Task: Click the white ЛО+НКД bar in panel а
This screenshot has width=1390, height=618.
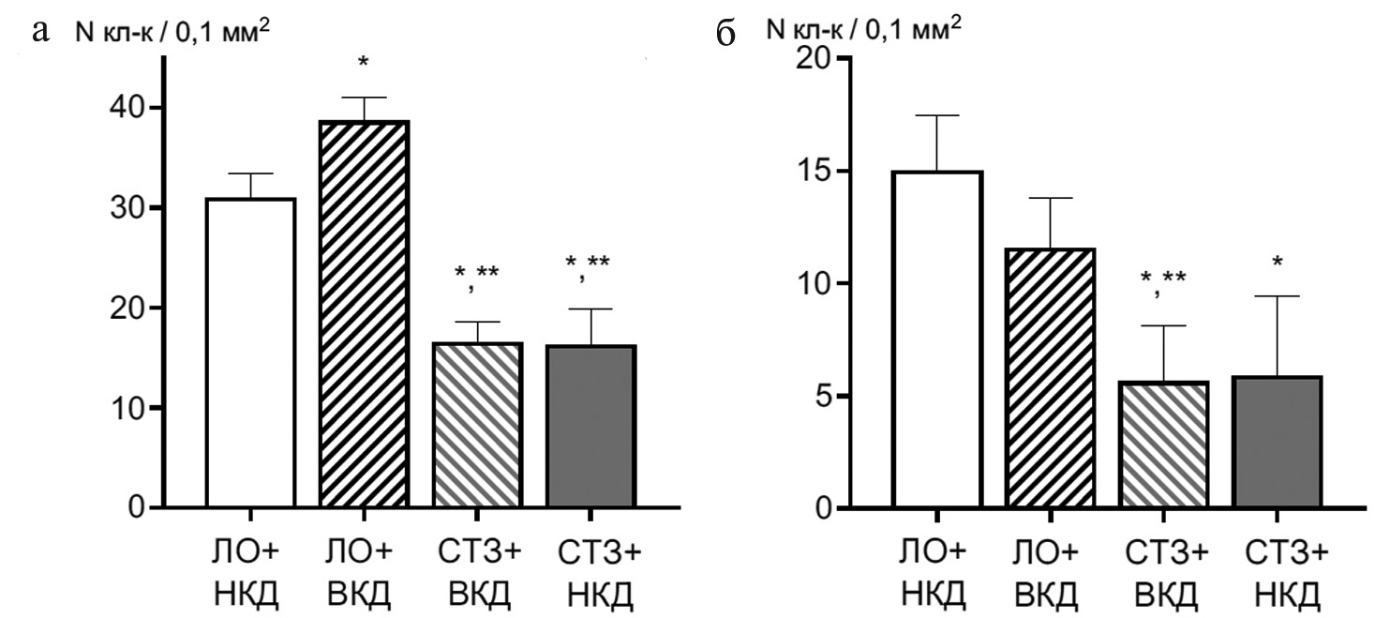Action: click(250, 354)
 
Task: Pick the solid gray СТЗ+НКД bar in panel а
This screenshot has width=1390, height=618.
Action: click(590, 427)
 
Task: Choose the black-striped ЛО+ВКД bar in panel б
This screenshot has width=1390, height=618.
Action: click(1051, 378)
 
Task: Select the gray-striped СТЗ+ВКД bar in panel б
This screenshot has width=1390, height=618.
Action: click(1163, 445)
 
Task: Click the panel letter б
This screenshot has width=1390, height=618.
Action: click(725, 34)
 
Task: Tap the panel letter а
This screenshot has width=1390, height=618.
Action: click(39, 34)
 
